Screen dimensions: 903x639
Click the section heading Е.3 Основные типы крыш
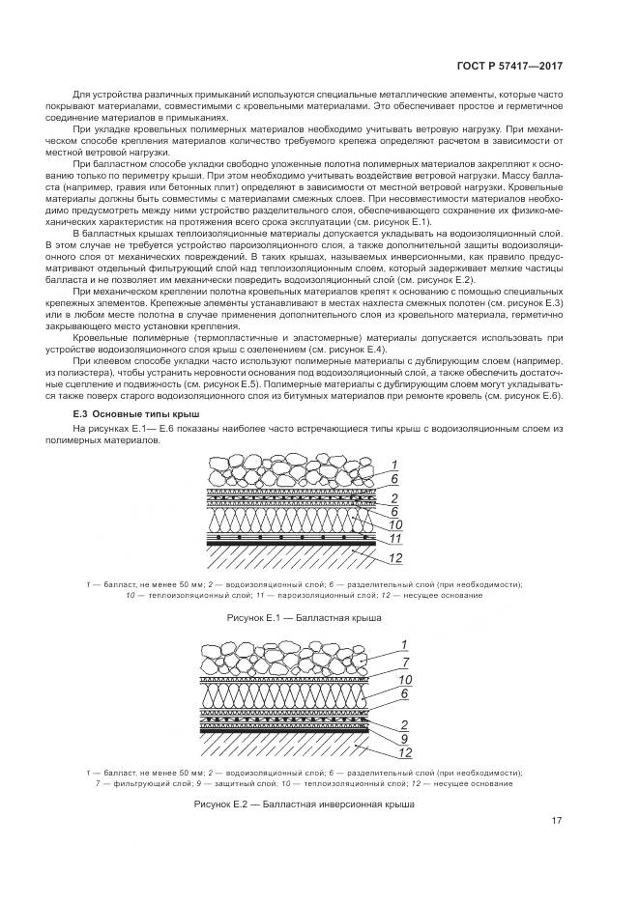(131, 414)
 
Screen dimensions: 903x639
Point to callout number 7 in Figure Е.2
(380, 661)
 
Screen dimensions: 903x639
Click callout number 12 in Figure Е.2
(380, 753)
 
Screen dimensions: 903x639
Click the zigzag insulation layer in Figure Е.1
(280, 520)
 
